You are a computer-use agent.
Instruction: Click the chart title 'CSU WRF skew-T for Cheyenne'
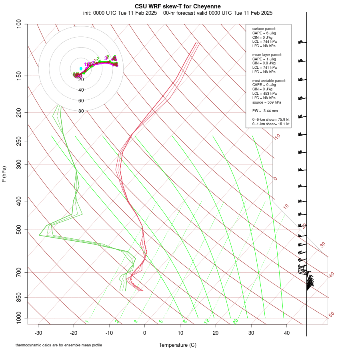pos(178,6)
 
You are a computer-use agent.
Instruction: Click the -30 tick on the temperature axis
pos(38,333)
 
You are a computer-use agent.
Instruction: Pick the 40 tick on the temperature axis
pos(286,333)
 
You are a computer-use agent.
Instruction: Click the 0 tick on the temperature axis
pos(145,333)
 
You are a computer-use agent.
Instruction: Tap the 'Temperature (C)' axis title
pos(178,345)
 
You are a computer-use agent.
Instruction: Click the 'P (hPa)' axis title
pos(4,174)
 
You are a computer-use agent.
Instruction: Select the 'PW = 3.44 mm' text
pos(265,111)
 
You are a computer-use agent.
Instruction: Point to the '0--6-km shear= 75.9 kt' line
pos(270,120)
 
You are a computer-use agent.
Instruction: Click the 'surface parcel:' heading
pos(264,29)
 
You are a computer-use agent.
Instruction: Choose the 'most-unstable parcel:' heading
pos(269,80)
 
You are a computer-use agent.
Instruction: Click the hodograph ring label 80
pos(81,111)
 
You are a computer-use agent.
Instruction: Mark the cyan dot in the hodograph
pos(81,69)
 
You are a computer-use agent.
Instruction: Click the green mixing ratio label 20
pos(236,321)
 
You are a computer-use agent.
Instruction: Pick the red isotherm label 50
pos(331,315)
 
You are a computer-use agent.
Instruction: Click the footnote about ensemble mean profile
pos(59,345)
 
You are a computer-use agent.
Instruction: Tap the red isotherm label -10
pos(276,137)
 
